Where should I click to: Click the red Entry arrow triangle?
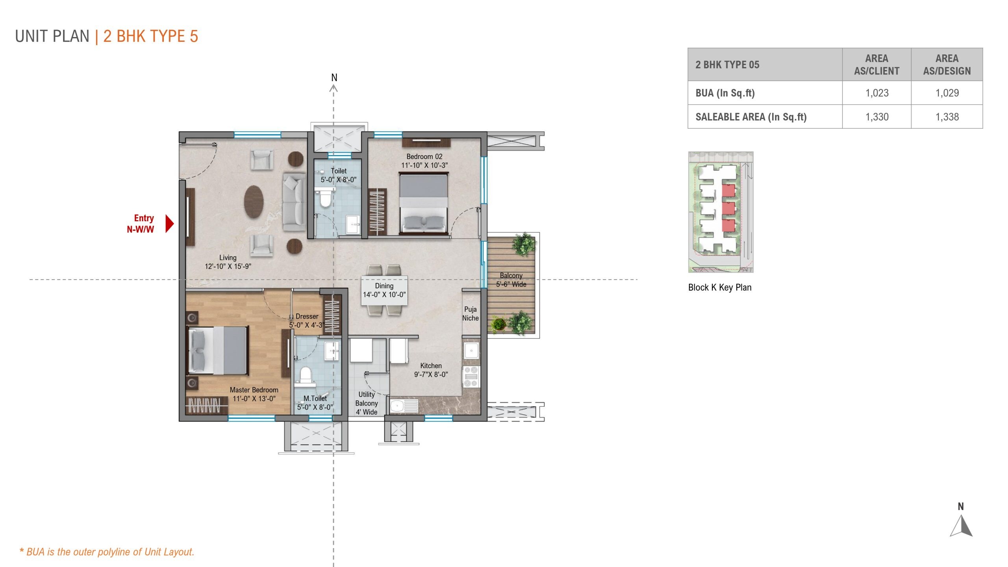pos(169,224)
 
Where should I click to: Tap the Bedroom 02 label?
pos(424,157)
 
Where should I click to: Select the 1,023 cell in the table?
pos(876,93)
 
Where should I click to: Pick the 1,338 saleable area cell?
pos(947,117)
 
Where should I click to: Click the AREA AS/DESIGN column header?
pos(947,65)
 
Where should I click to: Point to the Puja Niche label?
pos(470,314)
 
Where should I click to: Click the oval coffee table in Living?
pos(254,202)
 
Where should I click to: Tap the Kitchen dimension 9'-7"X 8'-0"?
pos(431,374)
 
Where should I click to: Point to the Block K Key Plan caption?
pos(719,287)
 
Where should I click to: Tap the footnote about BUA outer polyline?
pos(107,552)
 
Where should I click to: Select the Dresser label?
pos(307,317)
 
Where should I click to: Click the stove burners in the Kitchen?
pos(471,376)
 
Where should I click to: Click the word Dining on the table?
pos(384,286)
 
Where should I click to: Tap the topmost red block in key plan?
pos(728,191)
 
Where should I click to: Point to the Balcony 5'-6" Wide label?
pos(511,280)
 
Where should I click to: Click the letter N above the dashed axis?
pos(334,78)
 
